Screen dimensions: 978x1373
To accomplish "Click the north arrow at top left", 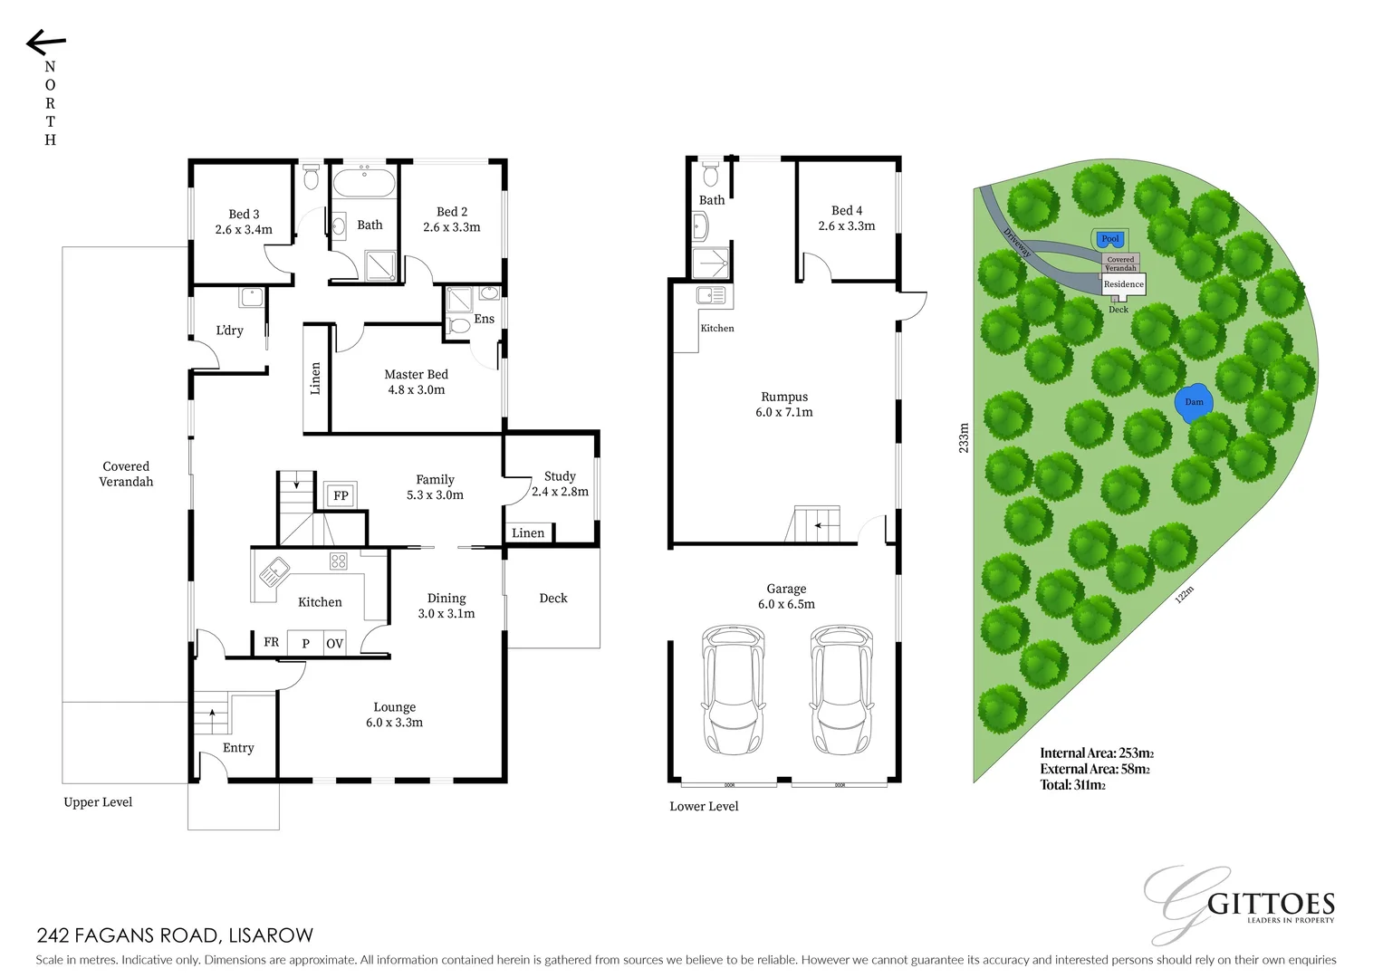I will pos(45,43).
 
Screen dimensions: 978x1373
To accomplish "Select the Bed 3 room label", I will pos(244,222).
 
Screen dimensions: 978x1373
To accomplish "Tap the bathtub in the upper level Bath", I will pos(364,183).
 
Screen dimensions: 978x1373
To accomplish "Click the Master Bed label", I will pos(416,382).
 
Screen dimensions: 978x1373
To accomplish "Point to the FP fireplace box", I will pos(341,495).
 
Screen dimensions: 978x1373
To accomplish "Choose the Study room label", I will pos(560,484).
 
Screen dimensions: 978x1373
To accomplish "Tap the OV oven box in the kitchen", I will pos(334,643).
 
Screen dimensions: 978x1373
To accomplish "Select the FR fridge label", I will pos(271,642).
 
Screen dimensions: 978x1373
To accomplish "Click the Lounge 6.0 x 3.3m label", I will pos(394,714).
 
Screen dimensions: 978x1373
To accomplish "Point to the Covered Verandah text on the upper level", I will pos(126,475).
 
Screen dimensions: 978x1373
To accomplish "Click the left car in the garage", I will pos(734,689).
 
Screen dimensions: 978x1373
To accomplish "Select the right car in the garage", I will pos(841,689).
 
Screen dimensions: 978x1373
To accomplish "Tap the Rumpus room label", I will pos(784,404).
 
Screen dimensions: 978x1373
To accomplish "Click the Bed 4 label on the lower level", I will pos(847,218).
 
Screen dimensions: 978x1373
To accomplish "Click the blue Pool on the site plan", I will pos(1109,239).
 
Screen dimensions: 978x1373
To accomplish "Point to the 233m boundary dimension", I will pos(964,437).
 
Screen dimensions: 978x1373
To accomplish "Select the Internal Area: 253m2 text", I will pos(1096,753).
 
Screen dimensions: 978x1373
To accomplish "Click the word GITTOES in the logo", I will pos(1271,905).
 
